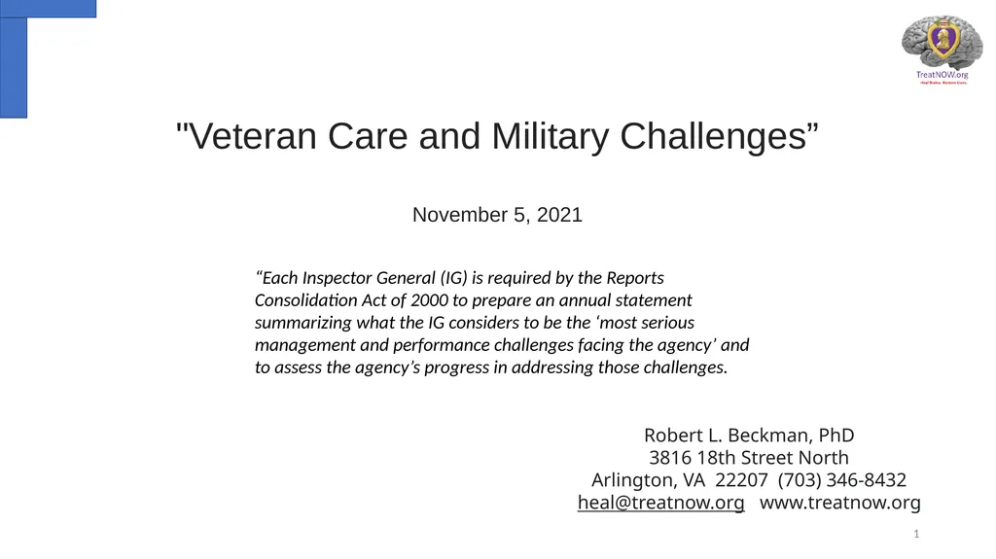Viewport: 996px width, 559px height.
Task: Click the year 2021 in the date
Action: pyautogui.click(x=559, y=215)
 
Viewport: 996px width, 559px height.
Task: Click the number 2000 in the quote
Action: pyautogui.click(x=429, y=300)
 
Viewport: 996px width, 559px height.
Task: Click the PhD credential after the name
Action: pyautogui.click(x=836, y=435)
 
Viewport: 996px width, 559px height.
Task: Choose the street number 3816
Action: pyautogui.click(x=670, y=457)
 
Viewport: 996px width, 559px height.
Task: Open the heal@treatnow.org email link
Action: pyautogui.click(x=661, y=503)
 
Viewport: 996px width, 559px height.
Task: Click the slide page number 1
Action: pyautogui.click(x=916, y=536)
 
